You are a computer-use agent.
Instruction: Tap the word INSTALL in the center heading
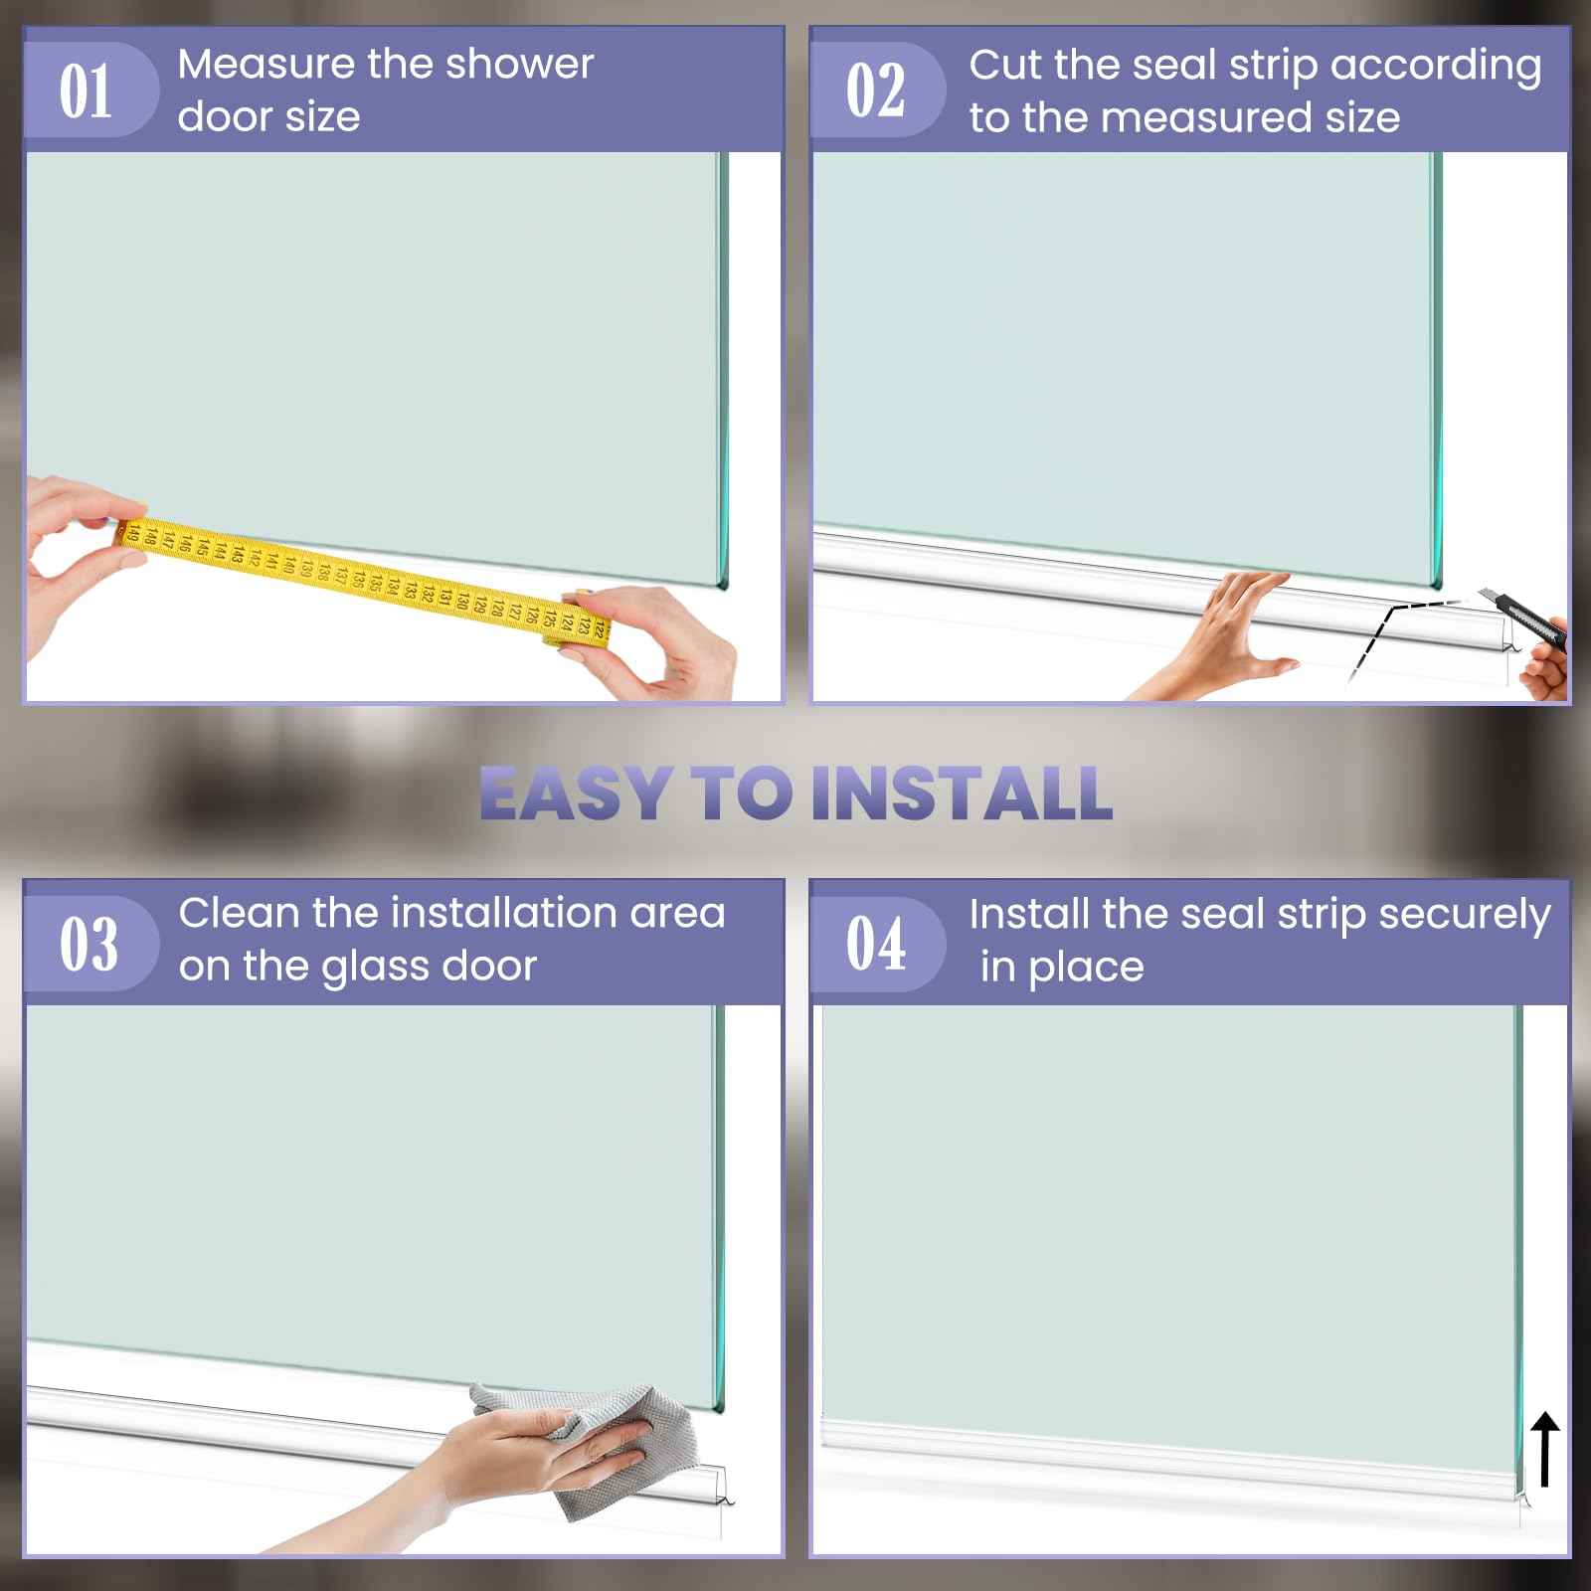(961, 794)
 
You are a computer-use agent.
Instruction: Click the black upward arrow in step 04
(1545, 1451)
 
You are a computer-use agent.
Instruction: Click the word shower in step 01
(519, 65)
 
